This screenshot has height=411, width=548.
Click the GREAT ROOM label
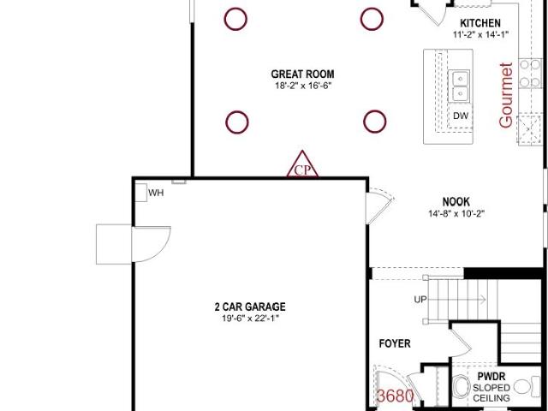302,74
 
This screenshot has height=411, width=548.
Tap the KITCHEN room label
480,23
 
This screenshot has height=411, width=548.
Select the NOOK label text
456,202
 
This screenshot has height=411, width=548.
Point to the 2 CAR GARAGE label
250,307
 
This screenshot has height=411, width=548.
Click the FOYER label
395,343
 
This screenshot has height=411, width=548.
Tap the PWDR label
491,377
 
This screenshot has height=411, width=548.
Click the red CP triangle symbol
302,164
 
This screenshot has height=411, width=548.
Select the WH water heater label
156,193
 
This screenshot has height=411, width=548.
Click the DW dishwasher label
461,116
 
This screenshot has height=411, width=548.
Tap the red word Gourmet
506,95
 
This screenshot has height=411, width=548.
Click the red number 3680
396,396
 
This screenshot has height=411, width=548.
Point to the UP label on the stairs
420,300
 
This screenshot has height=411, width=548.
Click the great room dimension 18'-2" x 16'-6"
302,86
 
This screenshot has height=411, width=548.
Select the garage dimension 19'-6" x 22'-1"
251,319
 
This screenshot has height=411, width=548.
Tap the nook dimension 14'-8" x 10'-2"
456,213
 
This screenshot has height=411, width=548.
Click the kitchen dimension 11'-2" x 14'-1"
480,34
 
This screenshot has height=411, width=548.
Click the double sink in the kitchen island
459,86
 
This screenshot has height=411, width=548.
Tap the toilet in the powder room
527,387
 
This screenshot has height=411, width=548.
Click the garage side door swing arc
164,248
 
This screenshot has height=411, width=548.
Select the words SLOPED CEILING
491,393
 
